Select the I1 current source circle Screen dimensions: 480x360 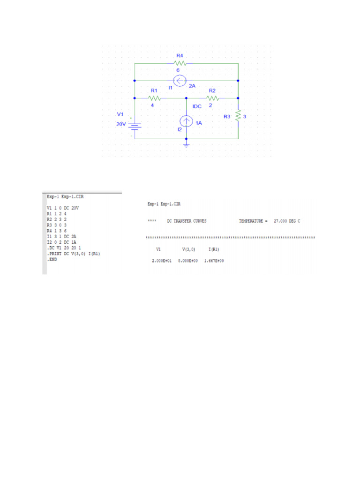[x=180, y=81]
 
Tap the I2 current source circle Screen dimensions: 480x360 [x=187, y=123]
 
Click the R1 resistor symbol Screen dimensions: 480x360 [x=155, y=98]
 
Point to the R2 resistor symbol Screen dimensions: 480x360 [x=213, y=98]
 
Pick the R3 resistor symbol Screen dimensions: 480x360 [x=239, y=115]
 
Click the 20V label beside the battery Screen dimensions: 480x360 [x=121, y=124]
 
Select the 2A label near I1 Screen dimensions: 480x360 [x=192, y=86]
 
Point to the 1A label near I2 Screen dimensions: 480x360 [x=199, y=123]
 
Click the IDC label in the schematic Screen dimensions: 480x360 [x=197, y=106]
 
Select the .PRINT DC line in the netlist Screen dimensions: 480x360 [x=74, y=254]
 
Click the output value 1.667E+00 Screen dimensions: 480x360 [x=214, y=261]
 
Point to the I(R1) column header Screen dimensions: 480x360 [x=214, y=249]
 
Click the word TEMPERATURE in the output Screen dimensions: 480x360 [x=251, y=221]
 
